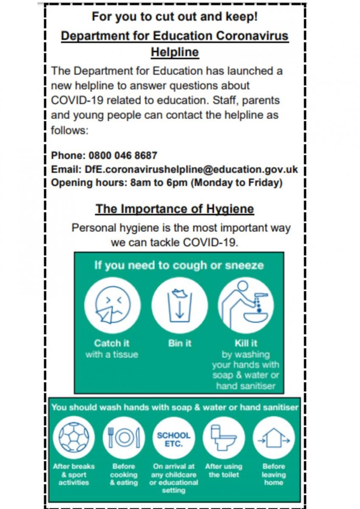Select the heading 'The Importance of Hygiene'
point(174,209)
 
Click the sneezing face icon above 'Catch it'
point(112,305)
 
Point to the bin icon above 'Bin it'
point(180,305)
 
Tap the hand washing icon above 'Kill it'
point(246,305)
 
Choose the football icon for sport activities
point(74,437)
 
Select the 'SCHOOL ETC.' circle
point(174,437)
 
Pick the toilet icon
point(224,437)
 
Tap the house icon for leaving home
point(274,437)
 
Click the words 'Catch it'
point(112,343)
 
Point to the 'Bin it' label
point(180,343)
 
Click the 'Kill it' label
point(246,343)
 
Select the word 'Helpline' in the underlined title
point(174,52)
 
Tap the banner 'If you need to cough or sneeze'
point(179,266)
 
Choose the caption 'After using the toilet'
point(224,470)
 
